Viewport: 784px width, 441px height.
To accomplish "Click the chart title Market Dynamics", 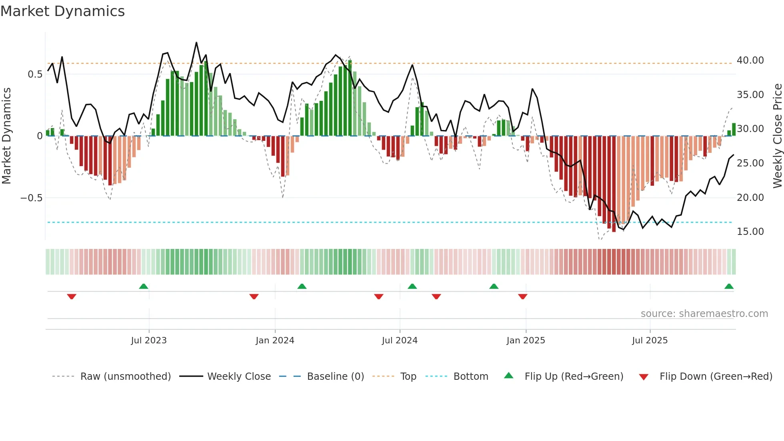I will (x=62, y=11).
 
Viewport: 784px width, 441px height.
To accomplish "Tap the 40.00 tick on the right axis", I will (x=750, y=60).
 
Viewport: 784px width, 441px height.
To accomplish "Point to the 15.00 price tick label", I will (x=750, y=232).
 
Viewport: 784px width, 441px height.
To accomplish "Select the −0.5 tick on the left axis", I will (x=31, y=198).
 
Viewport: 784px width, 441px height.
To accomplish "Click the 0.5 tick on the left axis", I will (x=35, y=74).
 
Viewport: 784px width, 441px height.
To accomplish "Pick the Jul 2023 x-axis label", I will (x=149, y=341).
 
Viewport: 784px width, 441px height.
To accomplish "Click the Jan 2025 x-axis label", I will (x=526, y=341).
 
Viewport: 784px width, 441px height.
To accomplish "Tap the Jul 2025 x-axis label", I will (x=650, y=341).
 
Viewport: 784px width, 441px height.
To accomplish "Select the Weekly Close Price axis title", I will (x=777, y=136).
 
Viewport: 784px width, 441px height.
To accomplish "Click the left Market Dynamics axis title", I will (x=6, y=136).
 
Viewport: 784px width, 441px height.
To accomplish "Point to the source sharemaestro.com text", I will (x=704, y=314).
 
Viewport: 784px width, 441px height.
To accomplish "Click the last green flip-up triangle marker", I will (x=729, y=287).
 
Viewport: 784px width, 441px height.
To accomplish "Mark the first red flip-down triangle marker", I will (x=72, y=297).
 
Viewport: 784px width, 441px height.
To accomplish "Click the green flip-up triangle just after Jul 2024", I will (x=412, y=287).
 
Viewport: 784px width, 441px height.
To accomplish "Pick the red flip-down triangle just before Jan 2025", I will (x=522, y=297).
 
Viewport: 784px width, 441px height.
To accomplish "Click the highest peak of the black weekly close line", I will (x=196, y=42).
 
